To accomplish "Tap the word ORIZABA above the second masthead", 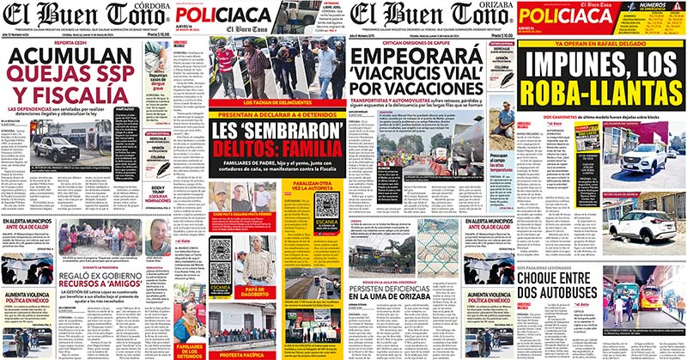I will (x=490, y=5).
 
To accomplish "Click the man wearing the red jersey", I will (x=226, y=61).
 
